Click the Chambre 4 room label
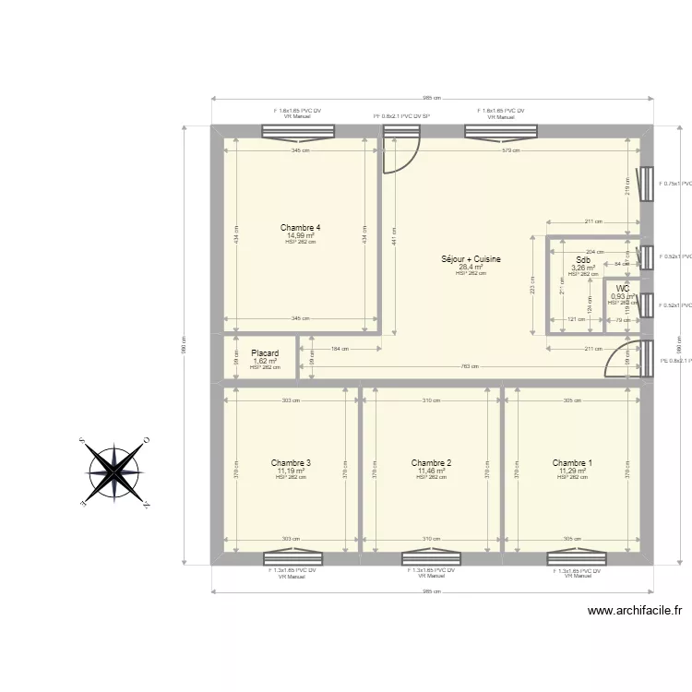click(x=300, y=227)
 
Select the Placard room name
click(x=265, y=352)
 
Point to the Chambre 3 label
click(x=291, y=463)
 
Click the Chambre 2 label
click(x=431, y=463)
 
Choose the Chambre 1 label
click(x=572, y=463)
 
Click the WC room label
click(x=623, y=289)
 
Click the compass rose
click(x=115, y=471)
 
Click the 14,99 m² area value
click(x=300, y=235)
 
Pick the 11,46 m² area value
click(x=431, y=471)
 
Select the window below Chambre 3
click(x=292, y=557)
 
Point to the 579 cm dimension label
click(x=510, y=151)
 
